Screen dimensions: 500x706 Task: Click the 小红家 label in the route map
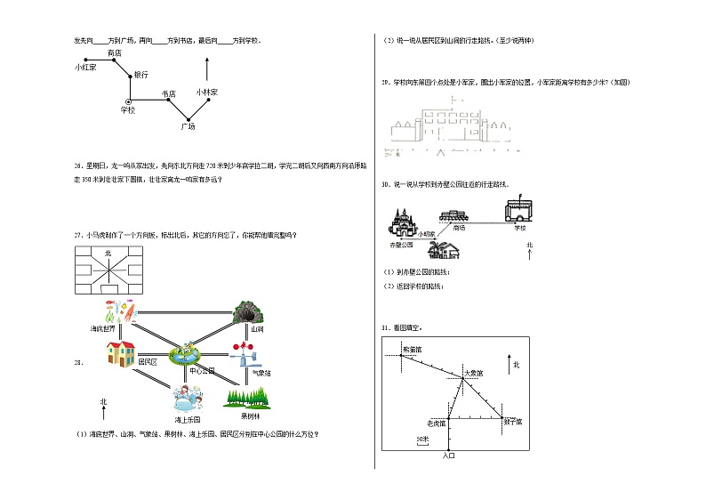pyautogui.click(x=85, y=67)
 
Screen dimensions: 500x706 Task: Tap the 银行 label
pyautogui.click(x=140, y=75)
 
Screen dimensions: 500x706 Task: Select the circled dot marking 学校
pyautogui.click(x=129, y=100)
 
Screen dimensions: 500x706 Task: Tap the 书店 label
pyautogui.click(x=169, y=93)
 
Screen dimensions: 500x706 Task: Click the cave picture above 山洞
pyautogui.click(x=245, y=312)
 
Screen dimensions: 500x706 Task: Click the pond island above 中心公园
pyautogui.click(x=189, y=353)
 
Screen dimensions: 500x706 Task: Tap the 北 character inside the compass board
pyautogui.click(x=108, y=254)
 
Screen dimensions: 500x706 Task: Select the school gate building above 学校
pyautogui.click(x=517, y=211)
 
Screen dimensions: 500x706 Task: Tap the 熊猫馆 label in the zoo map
pyautogui.click(x=413, y=350)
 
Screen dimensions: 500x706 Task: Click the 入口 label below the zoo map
pyautogui.click(x=448, y=456)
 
